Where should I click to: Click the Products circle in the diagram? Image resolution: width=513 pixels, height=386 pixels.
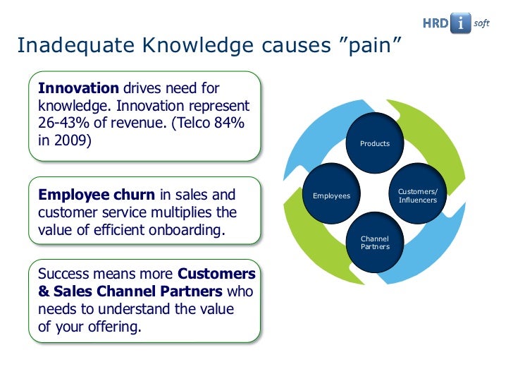(375, 144)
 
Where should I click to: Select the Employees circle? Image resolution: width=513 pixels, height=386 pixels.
(331, 195)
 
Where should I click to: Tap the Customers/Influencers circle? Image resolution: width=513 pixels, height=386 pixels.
(417, 196)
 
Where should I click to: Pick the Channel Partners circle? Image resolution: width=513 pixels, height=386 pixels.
(375, 243)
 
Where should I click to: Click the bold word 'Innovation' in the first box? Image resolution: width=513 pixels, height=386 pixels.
(79, 88)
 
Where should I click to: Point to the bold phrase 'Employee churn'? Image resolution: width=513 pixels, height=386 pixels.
(97, 195)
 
